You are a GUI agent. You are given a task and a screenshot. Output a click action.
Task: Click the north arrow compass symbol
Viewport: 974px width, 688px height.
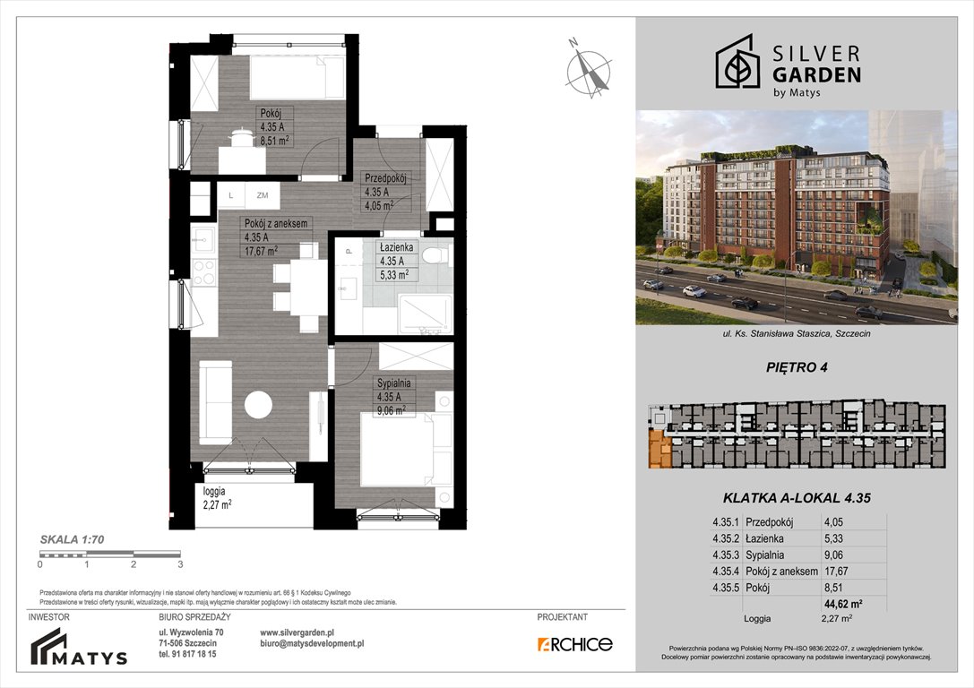coord(588,67)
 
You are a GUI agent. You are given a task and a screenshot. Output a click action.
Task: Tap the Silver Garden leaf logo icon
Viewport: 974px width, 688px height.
coord(738,62)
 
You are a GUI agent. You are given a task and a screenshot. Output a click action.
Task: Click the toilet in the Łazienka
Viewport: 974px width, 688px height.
coord(435,256)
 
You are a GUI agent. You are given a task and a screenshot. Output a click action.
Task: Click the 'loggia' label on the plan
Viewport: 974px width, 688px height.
coord(214,491)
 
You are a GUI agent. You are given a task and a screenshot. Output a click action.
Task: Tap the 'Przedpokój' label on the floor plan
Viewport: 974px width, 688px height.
coord(385,178)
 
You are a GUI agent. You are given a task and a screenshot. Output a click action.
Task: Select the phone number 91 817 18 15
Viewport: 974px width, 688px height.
coord(194,654)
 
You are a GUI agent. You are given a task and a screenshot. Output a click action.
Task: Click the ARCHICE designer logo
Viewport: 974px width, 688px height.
coord(574,643)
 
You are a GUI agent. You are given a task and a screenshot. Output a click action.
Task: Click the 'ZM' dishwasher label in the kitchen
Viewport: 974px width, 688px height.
coord(262,194)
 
